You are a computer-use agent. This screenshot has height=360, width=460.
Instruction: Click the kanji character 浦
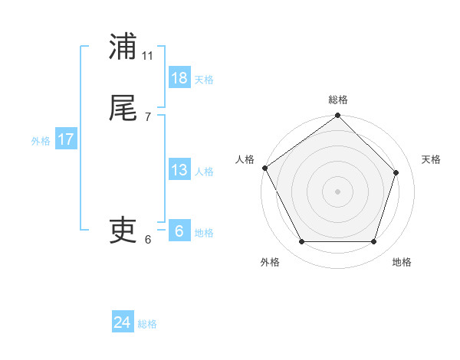[x=123, y=47]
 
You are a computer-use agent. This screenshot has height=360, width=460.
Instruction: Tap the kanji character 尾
[x=123, y=109]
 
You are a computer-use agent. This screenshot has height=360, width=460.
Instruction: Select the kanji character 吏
[x=123, y=230]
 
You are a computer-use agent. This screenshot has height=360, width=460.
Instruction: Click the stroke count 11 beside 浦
[x=148, y=56]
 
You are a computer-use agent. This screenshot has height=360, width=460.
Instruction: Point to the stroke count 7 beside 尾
[x=148, y=117]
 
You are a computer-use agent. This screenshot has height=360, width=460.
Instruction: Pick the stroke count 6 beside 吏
[x=148, y=239]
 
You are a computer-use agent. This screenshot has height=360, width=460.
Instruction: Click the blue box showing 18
[x=179, y=78]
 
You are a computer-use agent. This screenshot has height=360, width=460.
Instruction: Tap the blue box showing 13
[x=179, y=170]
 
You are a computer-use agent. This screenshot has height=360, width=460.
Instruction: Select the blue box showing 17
[x=66, y=139]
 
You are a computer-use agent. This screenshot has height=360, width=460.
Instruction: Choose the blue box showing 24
[x=123, y=323]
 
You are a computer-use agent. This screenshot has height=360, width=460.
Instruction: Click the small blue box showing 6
[x=179, y=231]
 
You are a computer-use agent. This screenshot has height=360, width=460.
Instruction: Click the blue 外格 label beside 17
[x=41, y=141]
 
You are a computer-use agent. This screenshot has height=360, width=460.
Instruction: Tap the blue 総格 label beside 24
[x=147, y=325]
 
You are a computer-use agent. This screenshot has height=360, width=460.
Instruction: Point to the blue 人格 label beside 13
[x=204, y=172]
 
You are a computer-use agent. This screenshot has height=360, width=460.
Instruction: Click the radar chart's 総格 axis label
[x=338, y=100]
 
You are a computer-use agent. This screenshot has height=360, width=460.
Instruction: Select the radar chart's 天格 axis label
[x=432, y=159]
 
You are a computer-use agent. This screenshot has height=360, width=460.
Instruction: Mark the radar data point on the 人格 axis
[x=264, y=168]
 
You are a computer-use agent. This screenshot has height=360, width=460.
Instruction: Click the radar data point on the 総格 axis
[x=338, y=116]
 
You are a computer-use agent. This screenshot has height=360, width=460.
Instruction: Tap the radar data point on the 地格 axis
[x=374, y=242]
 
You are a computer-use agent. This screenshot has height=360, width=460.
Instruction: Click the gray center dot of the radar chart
[x=338, y=191]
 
